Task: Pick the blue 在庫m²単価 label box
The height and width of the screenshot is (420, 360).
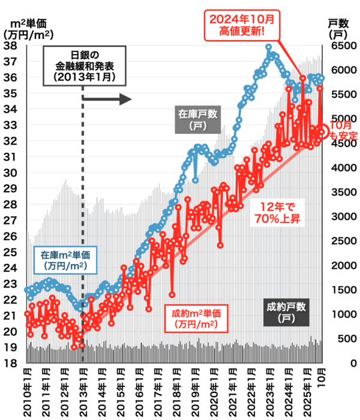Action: (60, 259)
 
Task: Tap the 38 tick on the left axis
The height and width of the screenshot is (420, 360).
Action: (10, 46)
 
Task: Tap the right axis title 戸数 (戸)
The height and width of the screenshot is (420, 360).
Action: (340, 29)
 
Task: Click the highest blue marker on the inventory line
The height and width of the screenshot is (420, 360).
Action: (269, 47)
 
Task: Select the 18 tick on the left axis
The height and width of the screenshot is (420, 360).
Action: (10, 364)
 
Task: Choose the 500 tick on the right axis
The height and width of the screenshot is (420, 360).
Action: (338, 339)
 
